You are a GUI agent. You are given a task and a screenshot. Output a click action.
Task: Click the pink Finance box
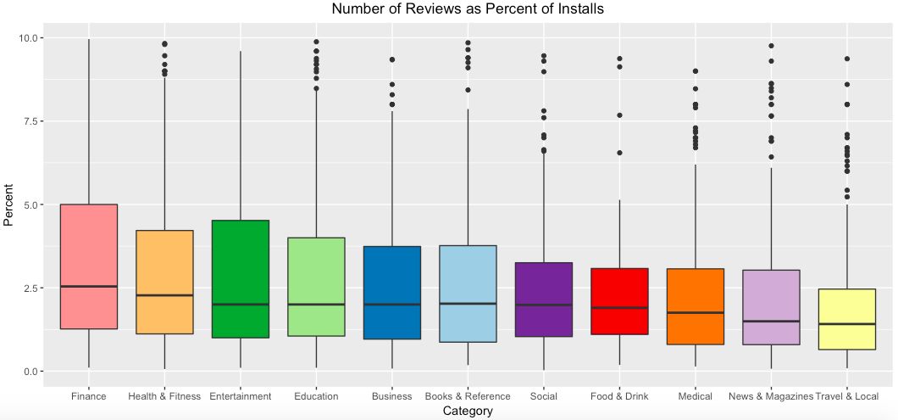tap(89, 266)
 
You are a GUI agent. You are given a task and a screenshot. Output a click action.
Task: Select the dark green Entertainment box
tap(241, 279)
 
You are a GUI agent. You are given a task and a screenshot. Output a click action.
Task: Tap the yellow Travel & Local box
tap(847, 319)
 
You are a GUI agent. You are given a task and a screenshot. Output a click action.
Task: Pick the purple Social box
tap(544, 299)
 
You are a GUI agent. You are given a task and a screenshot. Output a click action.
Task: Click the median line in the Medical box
tap(696, 313)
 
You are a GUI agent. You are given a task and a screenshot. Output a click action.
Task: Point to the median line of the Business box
tap(392, 304)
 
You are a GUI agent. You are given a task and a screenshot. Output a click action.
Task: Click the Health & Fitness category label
tap(164, 396)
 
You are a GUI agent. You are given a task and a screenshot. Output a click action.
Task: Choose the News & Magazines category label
tap(771, 396)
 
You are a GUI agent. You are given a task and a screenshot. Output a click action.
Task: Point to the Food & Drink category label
tap(619, 396)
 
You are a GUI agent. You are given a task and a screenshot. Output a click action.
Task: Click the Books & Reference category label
tap(468, 396)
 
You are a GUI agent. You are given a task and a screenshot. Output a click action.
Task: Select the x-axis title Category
tap(468, 411)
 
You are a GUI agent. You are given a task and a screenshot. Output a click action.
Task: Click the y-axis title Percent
tap(8, 204)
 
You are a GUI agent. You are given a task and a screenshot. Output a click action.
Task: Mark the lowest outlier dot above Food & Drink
tap(619, 153)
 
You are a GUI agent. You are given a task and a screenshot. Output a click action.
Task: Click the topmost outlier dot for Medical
tap(696, 71)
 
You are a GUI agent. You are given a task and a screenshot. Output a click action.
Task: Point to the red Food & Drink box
tap(619, 301)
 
